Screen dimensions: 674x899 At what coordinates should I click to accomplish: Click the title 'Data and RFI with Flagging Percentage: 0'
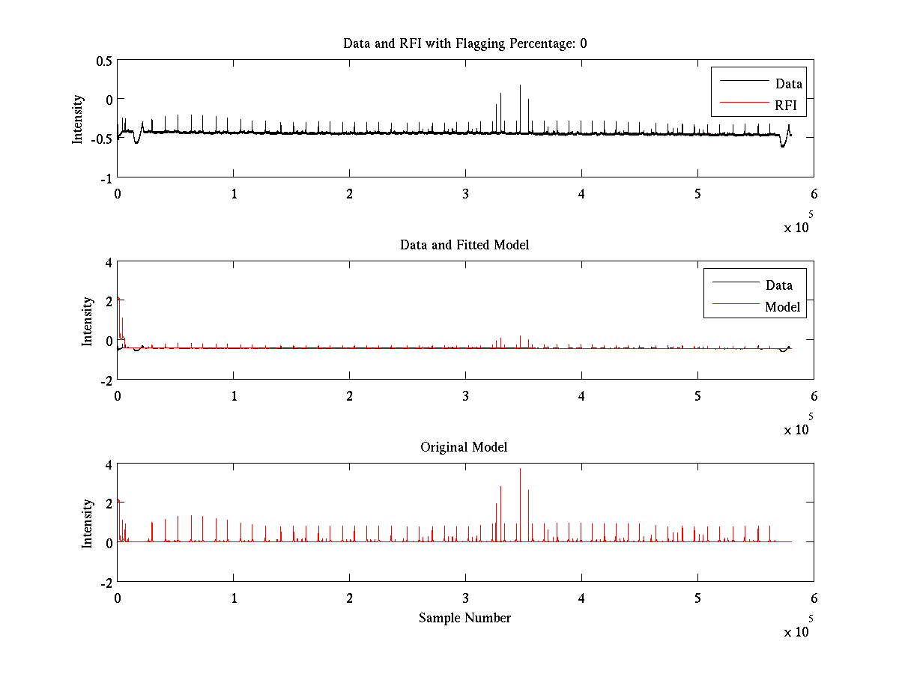[x=464, y=43]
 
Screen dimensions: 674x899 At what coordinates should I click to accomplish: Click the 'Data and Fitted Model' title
[x=464, y=245]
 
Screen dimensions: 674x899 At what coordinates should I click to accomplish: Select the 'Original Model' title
[x=464, y=447]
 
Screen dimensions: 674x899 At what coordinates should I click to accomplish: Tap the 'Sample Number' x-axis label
[x=464, y=618]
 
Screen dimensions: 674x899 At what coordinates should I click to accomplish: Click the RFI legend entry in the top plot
[x=786, y=106]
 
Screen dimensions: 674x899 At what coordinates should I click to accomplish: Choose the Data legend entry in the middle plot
[x=778, y=285]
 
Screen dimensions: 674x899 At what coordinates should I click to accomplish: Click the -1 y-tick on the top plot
[x=106, y=177]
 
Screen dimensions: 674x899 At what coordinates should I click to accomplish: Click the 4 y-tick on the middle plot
[x=109, y=262]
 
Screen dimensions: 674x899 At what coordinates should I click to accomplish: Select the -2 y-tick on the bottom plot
[x=106, y=582]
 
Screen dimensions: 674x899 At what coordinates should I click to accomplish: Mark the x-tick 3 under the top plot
[x=466, y=193]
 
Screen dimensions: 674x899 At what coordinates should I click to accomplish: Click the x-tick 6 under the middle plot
[x=814, y=395]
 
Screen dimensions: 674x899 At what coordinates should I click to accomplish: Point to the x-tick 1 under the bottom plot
[x=234, y=598]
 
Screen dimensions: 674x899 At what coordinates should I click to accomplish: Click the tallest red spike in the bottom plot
[x=520, y=470]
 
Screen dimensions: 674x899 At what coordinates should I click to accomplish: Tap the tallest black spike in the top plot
[x=520, y=86]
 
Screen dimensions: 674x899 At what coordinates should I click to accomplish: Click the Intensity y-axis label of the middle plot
[x=88, y=321]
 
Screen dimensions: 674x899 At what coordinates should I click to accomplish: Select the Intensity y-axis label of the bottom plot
[x=88, y=523]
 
